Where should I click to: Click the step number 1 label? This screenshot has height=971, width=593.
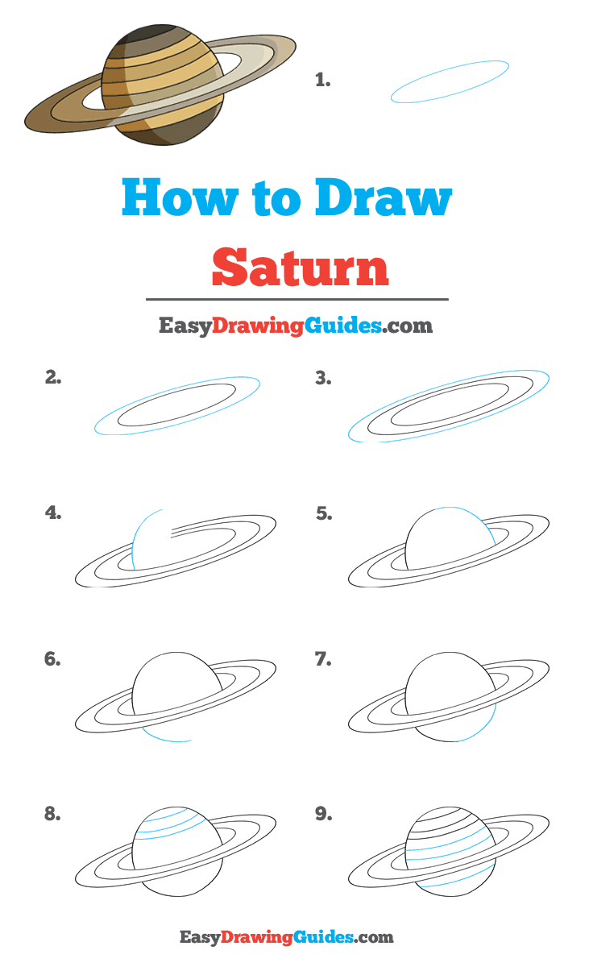(x=322, y=80)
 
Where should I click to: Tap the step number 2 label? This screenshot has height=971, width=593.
(x=53, y=376)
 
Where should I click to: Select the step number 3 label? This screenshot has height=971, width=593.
(x=323, y=377)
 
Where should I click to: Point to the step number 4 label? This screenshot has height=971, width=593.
(x=53, y=512)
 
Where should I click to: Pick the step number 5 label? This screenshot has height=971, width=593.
(x=323, y=513)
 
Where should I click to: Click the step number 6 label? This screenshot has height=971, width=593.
(x=52, y=659)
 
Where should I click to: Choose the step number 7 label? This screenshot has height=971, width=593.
(x=323, y=660)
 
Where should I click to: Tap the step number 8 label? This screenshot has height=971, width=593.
(x=52, y=814)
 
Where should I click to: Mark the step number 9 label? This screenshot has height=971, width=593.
(x=323, y=815)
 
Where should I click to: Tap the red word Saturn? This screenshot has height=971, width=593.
(x=301, y=268)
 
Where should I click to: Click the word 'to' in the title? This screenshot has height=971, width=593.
(x=278, y=198)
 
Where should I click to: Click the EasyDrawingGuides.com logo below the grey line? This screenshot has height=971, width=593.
(x=295, y=326)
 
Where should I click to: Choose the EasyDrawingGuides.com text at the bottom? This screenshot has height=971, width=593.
(x=286, y=937)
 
